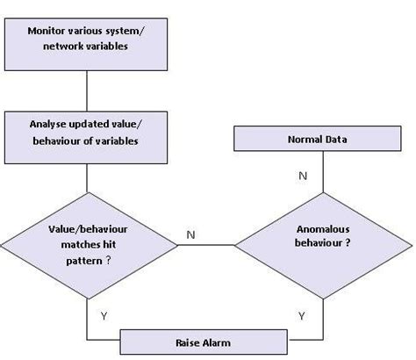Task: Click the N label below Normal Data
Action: point(303,176)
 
